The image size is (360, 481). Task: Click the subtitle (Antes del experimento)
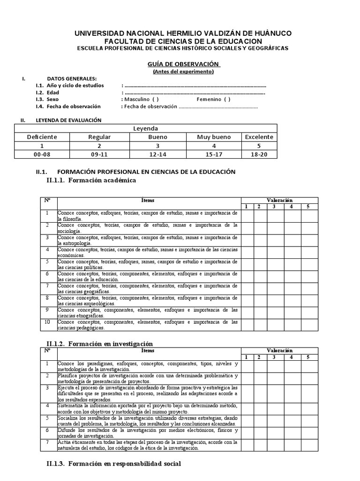183,71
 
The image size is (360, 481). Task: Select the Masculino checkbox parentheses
155,100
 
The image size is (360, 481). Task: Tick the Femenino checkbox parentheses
227,100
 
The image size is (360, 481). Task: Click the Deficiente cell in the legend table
42,137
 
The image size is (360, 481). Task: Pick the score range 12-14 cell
157,154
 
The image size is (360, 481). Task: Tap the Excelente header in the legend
259,137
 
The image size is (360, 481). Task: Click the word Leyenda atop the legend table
146,128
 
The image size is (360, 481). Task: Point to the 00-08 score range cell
42,154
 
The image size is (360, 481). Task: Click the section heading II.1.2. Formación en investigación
99,344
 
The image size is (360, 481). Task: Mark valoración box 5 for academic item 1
308,216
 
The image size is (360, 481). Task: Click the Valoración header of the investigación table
279,350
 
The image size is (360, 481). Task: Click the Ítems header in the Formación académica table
148,201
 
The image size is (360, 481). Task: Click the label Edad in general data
53,93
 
